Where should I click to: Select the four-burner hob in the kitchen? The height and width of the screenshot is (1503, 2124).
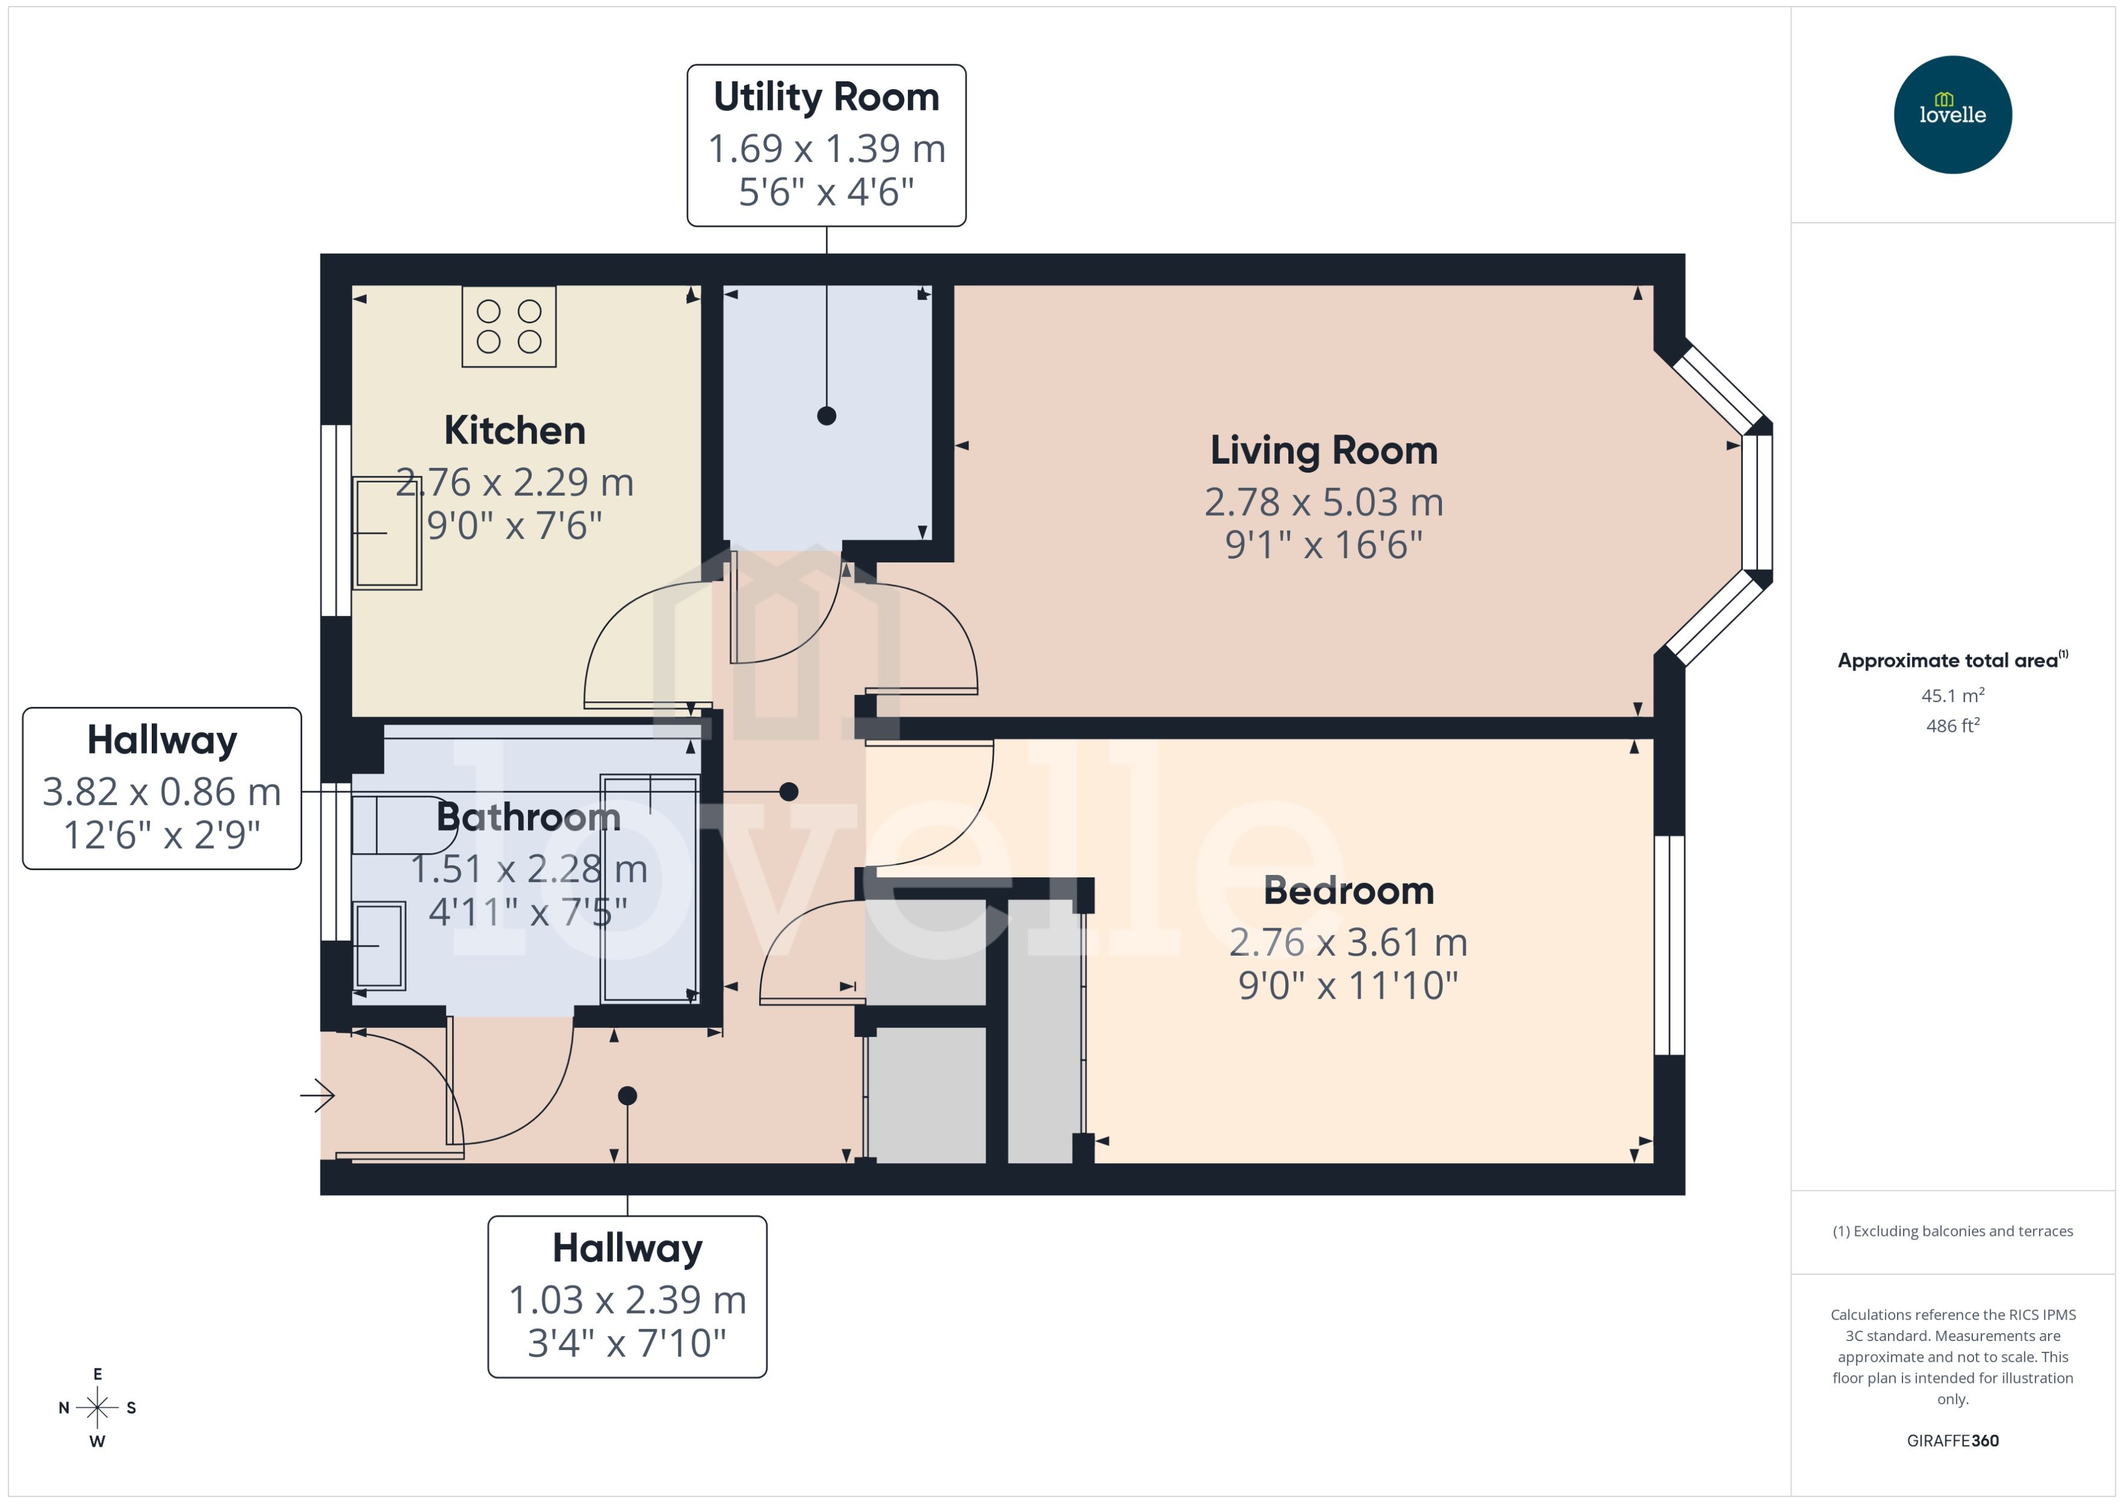click(509, 326)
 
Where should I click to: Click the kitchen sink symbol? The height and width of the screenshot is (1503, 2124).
click(387, 533)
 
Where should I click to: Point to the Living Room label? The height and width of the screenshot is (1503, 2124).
click(1324, 451)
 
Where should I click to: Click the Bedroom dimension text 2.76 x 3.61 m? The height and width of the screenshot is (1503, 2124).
click(1347, 942)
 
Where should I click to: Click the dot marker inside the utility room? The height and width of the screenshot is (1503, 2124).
click(827, 416)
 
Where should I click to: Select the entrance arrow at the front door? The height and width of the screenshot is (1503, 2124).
click(317, 1096)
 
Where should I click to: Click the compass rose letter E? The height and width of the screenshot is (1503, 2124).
click(97, 1374)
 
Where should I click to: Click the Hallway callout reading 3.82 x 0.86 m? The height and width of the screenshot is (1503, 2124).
click(162, 789)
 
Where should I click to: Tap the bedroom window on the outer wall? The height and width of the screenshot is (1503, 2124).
click(1669, 945)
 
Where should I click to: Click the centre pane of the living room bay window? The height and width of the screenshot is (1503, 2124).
click(1757, 502)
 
